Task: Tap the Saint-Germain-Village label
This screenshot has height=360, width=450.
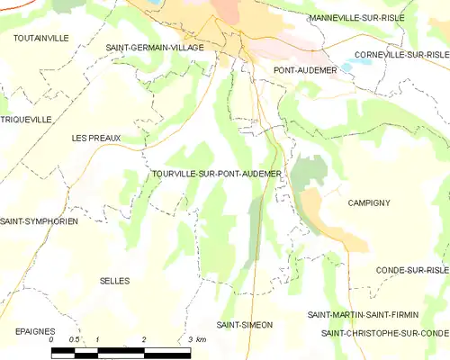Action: tap(155, 47)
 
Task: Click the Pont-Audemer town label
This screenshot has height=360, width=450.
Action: tap(304, 69)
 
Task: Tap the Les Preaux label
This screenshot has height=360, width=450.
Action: tap(96, 138)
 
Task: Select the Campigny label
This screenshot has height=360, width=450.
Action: tap(369, 203)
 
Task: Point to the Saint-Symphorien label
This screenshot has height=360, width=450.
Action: tap(40, 221)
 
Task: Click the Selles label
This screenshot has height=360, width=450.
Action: tap(114, 281)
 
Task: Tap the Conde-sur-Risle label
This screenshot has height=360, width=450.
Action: tap(412, 270)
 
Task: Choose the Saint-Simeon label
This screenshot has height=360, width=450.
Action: tap(245, 324)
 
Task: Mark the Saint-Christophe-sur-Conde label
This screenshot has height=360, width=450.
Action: tap(385, 333)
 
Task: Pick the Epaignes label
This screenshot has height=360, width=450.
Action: tap(36, 331)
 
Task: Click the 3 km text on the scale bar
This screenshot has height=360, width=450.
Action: tap(198, 339)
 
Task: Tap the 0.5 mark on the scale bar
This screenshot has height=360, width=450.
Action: tap(74, 339)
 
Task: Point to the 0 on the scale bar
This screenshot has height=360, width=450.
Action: tap(52, 339)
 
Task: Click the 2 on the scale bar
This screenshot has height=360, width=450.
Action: tap(144, 339)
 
